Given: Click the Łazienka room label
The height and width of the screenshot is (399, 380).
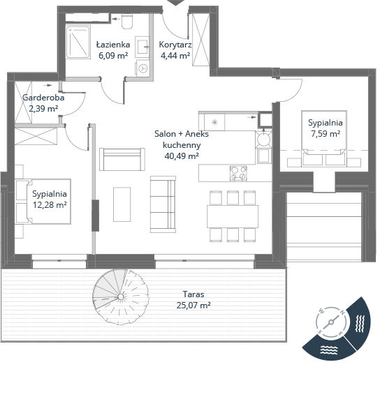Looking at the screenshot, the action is (113, 45).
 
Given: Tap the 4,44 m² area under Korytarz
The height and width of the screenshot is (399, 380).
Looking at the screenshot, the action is (175, 56).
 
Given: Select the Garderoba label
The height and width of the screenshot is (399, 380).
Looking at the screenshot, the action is (43, 98).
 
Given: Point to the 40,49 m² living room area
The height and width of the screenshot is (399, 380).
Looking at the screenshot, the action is (182, 156).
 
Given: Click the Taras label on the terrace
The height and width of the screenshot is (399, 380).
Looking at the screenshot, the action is (193, 294).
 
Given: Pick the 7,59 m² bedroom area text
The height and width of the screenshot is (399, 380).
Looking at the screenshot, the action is (326, 134).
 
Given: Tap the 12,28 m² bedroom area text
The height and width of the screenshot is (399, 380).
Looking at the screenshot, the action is (50, 204).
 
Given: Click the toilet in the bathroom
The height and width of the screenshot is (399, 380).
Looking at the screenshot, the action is (127, 21).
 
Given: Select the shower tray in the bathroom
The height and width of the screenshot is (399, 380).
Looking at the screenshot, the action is (78, 42).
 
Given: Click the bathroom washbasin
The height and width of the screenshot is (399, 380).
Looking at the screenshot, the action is (142, 46).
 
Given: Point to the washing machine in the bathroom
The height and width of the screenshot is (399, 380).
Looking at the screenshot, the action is (142, 68).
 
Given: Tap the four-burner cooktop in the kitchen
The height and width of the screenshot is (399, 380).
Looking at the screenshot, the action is (238, 173).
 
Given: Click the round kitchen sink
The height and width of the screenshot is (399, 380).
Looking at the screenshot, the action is (263, 140).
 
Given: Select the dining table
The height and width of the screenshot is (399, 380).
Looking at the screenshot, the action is (233, 216).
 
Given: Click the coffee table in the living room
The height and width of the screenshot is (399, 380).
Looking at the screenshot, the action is (122, 204).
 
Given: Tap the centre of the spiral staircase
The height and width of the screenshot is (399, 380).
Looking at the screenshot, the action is (121, 296).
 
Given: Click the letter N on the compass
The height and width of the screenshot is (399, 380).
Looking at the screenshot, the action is (343, 313).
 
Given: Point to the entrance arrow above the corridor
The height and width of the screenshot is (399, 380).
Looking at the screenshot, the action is (175, 3).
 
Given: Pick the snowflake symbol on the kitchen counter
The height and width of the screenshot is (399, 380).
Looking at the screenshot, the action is (214, 122).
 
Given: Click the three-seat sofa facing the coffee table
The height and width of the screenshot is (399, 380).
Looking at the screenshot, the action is (163, 204).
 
